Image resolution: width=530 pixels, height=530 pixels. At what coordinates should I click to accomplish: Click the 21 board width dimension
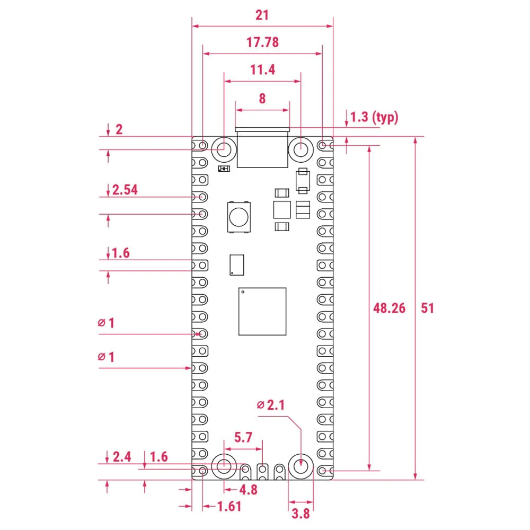pos(262,15)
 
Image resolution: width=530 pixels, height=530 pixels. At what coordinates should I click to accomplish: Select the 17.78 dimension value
pos(262,42)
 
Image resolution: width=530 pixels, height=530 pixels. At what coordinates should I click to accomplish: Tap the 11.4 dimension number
pos(262,70)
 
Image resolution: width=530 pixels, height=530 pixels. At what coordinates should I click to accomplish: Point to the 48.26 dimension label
pos(389,308)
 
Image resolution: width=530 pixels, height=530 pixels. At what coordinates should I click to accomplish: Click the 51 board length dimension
pos(427,308)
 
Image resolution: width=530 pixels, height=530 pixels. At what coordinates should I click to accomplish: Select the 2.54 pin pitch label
pos(125,190)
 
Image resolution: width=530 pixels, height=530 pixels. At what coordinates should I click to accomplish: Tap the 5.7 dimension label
pos(243,437)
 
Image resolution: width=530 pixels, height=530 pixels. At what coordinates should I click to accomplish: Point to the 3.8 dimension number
pos(301,513)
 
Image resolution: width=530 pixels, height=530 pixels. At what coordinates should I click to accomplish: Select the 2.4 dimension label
pos(122,457)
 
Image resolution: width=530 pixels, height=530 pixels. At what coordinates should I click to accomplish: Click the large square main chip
pos(262,312)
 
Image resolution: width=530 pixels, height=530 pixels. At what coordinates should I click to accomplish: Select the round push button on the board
pos(238,216)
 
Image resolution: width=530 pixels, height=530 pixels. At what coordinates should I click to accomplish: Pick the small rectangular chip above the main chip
pos(237,264)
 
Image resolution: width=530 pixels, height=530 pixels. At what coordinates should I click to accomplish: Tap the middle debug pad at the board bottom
pos(262,470)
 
